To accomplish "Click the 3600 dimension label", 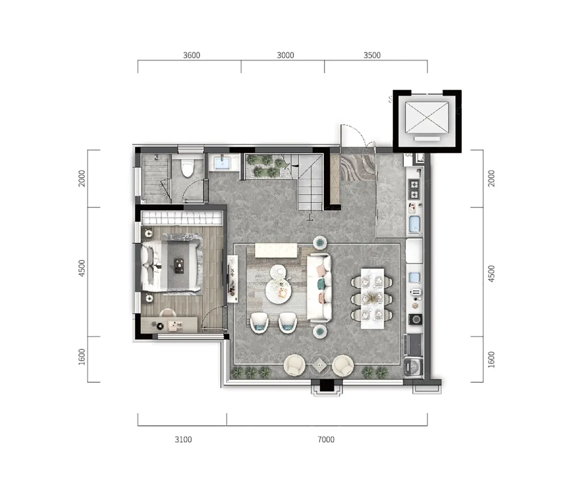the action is click(x=191, y=55).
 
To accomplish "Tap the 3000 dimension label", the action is click(x=285, y=55).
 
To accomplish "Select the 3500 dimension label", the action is click(x=372, y=55).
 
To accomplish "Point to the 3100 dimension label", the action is click(x=183, y=439).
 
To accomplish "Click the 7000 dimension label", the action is click(x=326, y=439).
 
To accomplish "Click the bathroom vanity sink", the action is click(x=222, y=162).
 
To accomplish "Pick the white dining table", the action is click(x=372, y=298).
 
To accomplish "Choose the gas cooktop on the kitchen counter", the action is click(x=414, y=189).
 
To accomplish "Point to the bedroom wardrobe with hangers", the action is click(x=182, y=218).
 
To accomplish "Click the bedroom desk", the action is click(x=169, y=325).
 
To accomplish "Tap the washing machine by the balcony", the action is click(x=413, y=368).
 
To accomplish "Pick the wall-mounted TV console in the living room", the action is click(x=232, y=279).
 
